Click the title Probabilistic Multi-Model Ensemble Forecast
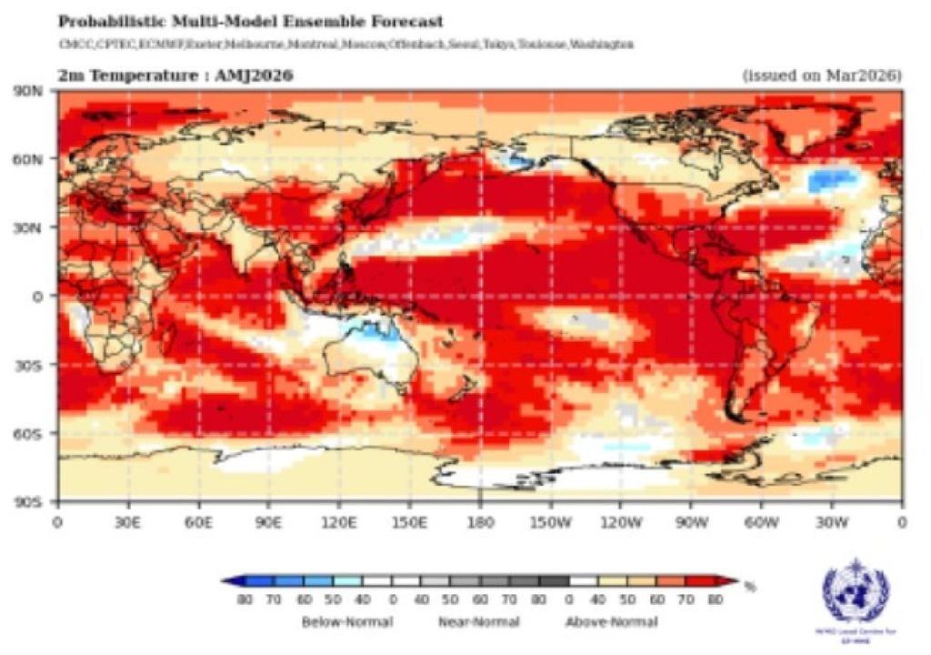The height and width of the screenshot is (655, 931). [x=250, y=20]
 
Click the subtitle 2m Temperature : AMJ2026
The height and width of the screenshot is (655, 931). [x=175, y=76]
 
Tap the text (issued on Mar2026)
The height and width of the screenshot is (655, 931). [x=822, y=76]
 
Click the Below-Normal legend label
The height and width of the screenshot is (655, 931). [x=347, y=622]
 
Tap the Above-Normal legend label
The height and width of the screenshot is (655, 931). [x=610, y=622]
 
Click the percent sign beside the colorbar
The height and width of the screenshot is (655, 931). [x=750, y=587]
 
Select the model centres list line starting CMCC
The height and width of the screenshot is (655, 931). [x=345, y=45]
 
